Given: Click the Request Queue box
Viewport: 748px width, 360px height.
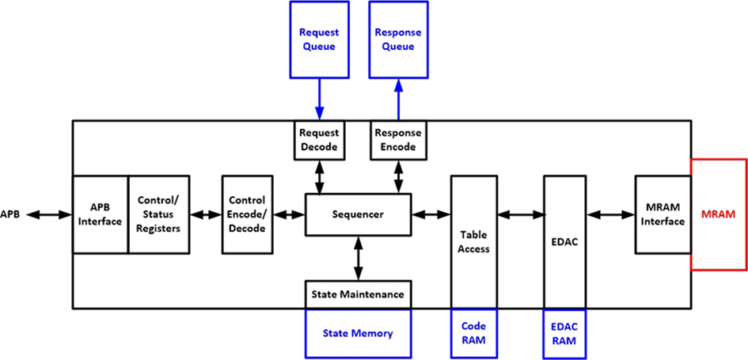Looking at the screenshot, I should pos(319,40).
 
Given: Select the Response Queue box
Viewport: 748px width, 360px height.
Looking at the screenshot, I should pos(398,40).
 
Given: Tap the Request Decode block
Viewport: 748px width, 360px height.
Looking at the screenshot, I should pos(319,140).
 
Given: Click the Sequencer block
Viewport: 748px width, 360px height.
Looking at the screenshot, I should pos(358,214).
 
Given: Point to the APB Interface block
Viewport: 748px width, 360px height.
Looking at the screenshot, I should pos(100,214).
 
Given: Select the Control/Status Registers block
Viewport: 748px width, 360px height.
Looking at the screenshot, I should pos(158,214).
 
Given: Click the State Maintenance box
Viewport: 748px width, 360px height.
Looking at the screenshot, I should pos(359,294).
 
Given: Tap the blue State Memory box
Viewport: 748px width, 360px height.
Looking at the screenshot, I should pos(359,333).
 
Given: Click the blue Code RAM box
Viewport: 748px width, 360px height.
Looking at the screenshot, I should pos(473,332).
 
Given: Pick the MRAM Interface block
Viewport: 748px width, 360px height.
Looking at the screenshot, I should pos(663,214).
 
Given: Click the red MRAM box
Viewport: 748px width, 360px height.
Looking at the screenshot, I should pos(719,214).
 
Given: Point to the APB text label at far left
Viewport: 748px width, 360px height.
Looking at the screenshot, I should pos(10,214).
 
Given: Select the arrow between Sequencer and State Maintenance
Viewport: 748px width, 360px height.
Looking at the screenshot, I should pos(359,258).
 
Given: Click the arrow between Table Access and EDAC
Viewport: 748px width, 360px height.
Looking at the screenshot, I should pos(519,214).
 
